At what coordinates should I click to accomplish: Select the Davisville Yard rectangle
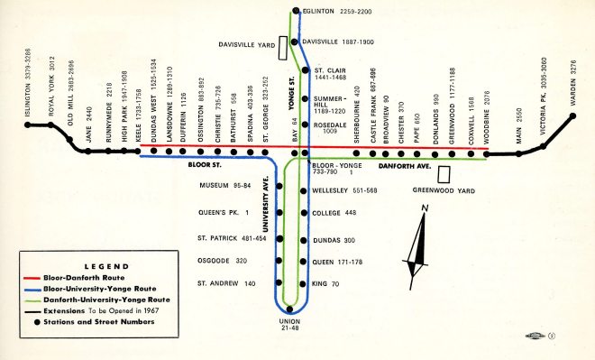pos(283,45)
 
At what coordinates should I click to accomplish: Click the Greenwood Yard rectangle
pos(444,173)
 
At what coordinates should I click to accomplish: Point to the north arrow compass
pos(416,242)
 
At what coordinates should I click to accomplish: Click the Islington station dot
pos(27,126)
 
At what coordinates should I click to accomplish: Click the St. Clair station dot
pos(306,69)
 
